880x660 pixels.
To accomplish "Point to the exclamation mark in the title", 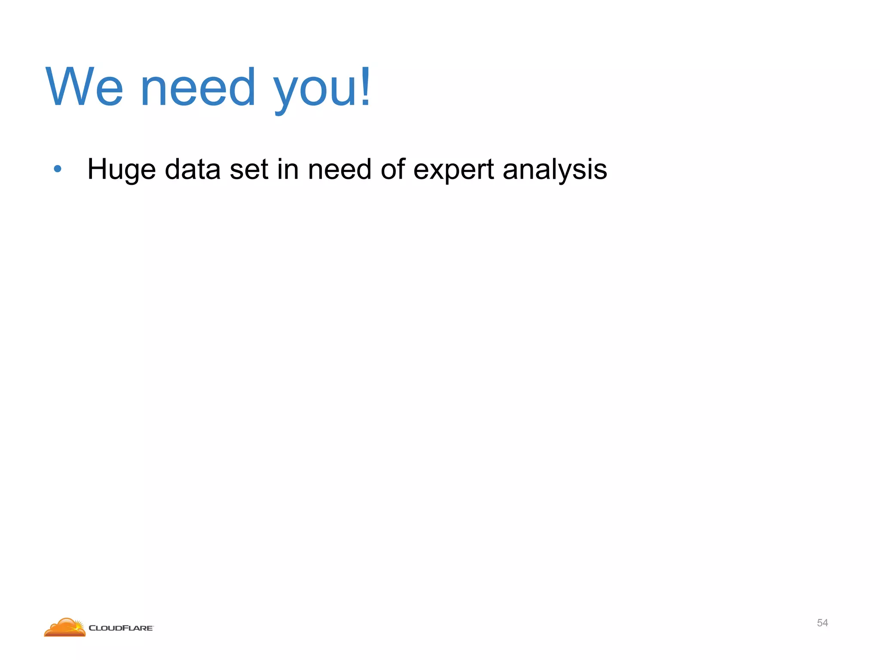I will tap(365, 86).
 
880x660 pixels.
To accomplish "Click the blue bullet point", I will tap(58, 169).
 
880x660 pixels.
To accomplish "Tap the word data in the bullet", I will tap(193, 169).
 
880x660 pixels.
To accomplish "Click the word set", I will tap(249, 169).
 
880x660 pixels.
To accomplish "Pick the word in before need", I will tap(288, 169).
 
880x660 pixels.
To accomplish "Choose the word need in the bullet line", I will tap(340, 169).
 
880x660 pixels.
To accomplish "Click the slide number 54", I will tap(822, 623).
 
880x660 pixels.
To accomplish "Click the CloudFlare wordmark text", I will tap(121, 628).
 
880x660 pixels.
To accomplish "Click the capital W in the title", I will tap(69, 87).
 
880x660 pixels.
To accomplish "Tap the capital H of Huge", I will tap(97, 169).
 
